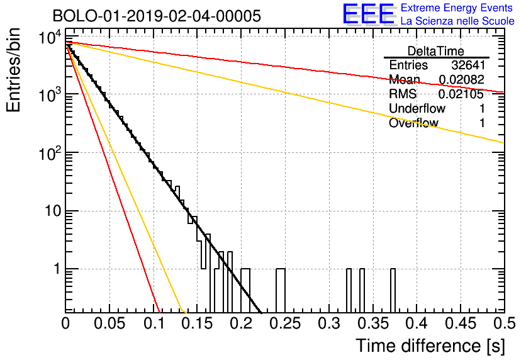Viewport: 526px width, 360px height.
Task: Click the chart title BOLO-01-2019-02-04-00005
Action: tap(157, 16)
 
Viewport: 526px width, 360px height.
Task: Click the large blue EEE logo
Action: tap(369, 14)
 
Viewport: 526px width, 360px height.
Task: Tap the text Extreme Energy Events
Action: tap(457, 8)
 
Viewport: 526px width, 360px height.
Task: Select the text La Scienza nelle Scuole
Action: tap(457, 21)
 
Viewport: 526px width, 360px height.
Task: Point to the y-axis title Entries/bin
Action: tap(14, 70)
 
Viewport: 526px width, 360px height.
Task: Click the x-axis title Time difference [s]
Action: tap(430, 346)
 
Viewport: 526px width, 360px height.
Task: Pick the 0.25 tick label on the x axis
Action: tap(286, 323)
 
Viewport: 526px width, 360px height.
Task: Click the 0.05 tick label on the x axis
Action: tap(109, 323)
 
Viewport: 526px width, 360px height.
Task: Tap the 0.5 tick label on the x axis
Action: tap(504, 323)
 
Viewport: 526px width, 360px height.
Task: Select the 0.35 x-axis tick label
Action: tap(373, 323)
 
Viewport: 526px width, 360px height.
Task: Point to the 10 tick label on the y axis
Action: tap(53, 211)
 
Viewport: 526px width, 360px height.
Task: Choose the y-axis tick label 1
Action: tap(58, 269)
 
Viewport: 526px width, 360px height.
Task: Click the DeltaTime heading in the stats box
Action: tap(436, 51)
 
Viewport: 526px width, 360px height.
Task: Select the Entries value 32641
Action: tap(468, 65)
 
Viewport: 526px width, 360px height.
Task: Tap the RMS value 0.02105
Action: tap(461, 94)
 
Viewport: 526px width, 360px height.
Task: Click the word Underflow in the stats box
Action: tap(417, 108)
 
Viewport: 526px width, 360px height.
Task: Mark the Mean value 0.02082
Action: tap(462, 79)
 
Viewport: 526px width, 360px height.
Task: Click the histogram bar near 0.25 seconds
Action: tap(281, 290)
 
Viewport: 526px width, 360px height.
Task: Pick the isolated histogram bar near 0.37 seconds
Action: tap(393, 290)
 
